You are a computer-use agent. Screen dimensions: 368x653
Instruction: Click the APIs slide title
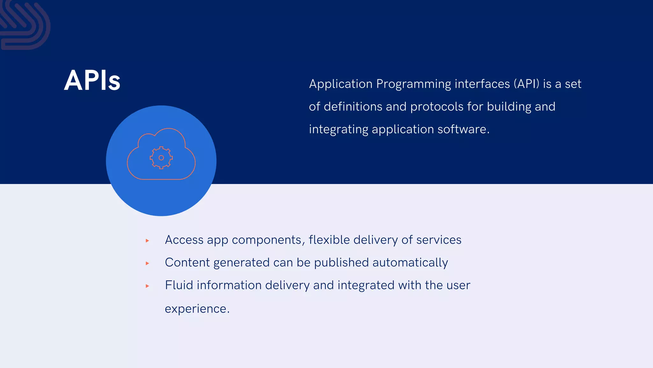click(x=92, y=80)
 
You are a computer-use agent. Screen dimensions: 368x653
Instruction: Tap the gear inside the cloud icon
click(x=161, y=157)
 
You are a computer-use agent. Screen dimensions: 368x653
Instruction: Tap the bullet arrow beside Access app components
click(x=147, y=241)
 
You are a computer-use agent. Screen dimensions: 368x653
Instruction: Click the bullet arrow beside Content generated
click(x=147, y=263)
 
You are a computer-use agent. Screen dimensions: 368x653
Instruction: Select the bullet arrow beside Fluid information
click(x=147, y=286)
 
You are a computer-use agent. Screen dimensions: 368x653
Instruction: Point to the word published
click(x=341, y=263)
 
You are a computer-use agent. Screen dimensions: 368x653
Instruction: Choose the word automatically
click(x=410, y=263)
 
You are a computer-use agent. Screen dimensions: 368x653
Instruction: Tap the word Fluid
click(x=179, y=285)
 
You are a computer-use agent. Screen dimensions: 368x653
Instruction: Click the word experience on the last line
click(x=195, y=309)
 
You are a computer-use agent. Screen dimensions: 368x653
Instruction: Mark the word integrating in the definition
click(x=339, y=130)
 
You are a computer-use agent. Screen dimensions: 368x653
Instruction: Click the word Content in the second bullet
click(x=187, y=263)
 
